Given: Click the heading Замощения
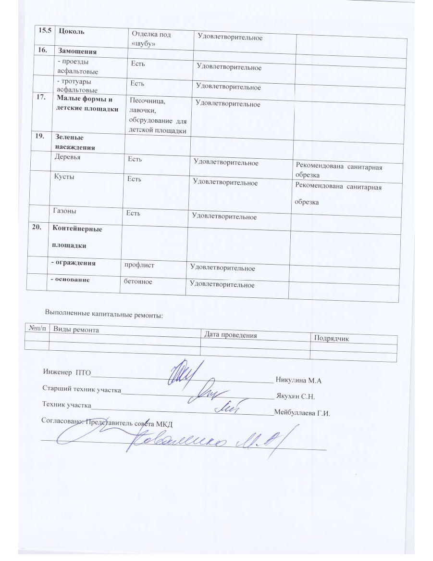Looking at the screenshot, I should click(x=77, y=51).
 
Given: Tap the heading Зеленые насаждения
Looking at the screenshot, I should click(x=75, y=142).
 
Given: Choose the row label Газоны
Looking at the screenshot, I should click(x=65, y=211).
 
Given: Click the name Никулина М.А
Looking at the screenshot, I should click(x=298, y=380).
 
